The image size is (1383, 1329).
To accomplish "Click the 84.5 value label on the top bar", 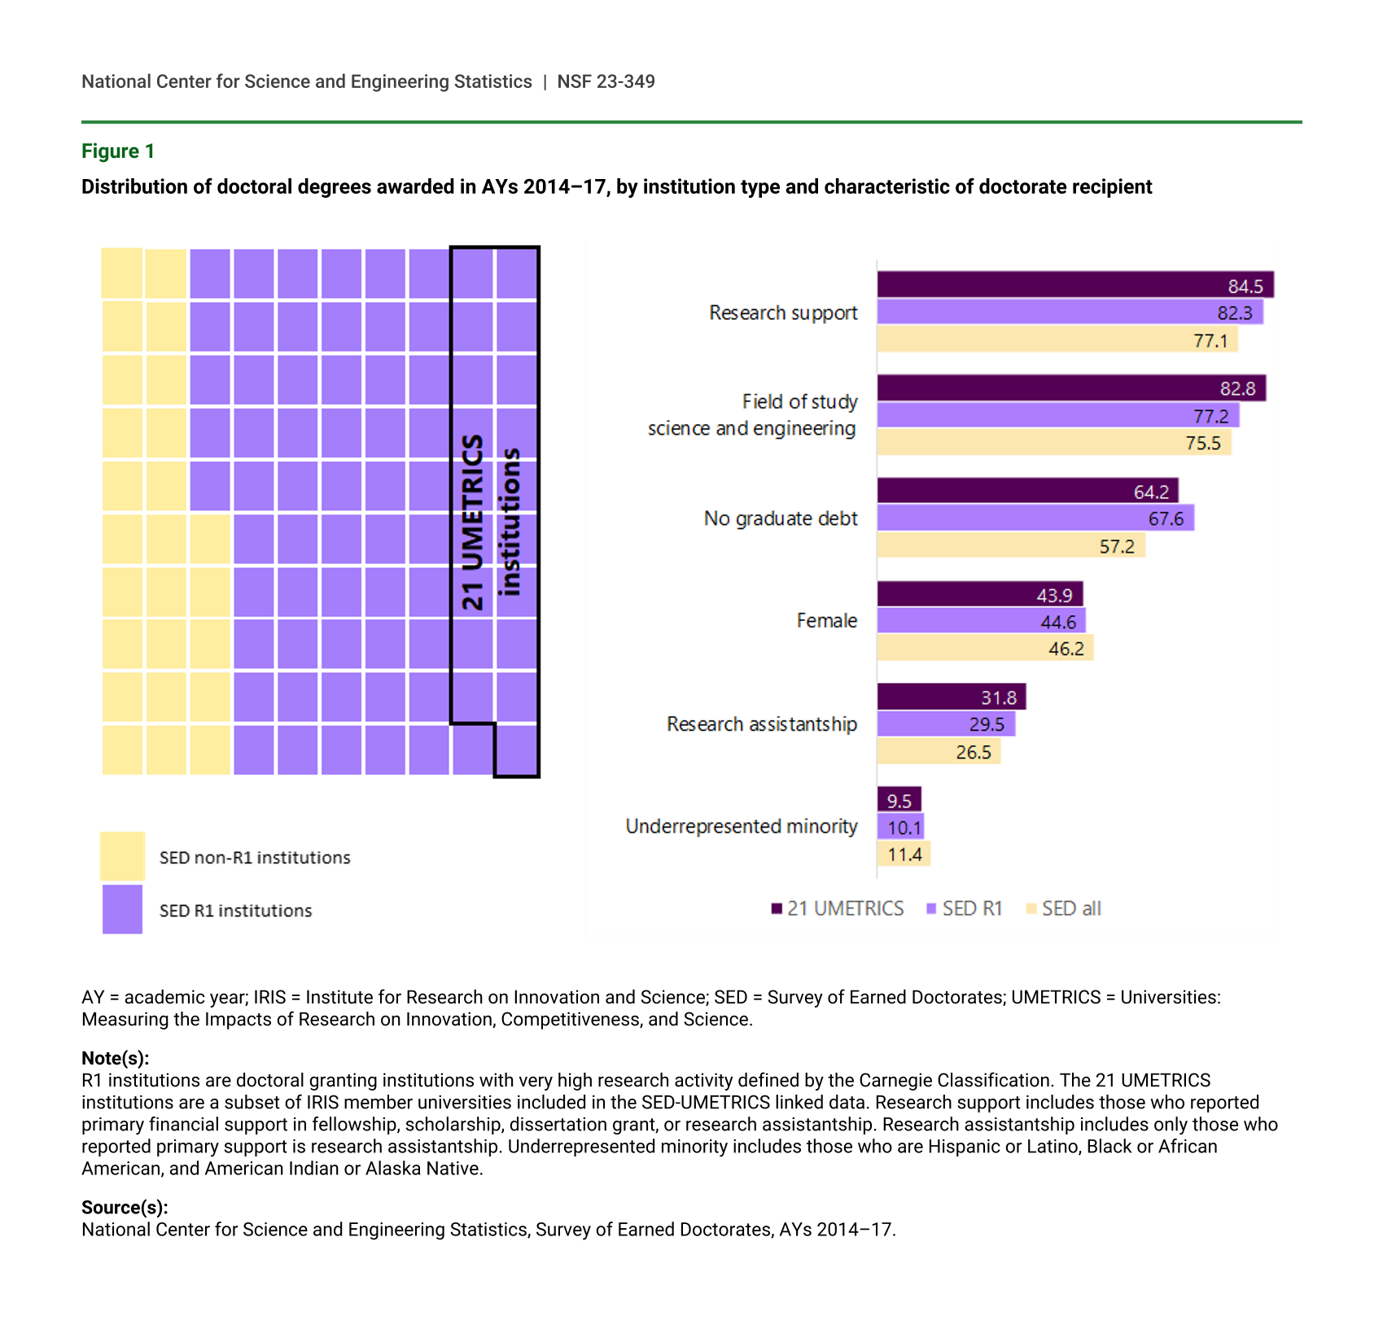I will [x=1245, y=286].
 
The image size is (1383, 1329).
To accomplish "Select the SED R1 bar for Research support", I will [x=1070, y=313].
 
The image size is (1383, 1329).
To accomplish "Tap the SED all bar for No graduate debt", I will [x=1011, y=545].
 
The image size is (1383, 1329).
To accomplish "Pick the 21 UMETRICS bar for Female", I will [x=979, y=595].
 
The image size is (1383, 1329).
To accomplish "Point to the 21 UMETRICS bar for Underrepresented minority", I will [x=899, y=800].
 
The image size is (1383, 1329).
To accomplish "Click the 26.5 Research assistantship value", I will [x=973, y=752].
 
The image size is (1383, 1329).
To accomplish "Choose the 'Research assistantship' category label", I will [x=761, y=724].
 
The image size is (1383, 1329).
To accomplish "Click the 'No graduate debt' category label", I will [x=780, y=518].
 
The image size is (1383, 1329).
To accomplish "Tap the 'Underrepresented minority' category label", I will [x=741, y=827].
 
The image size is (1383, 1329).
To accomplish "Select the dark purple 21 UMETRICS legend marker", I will [x=777, y=908].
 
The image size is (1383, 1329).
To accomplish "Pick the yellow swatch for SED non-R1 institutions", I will [x=122, y=856].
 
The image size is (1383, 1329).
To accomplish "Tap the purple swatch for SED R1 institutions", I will [x=122, y=909].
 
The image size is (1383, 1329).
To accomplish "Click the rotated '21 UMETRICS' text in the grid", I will [x=473, y=522].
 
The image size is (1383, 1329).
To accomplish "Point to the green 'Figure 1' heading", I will [x=118, y=151].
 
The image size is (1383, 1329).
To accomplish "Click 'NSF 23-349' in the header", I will [x=606, y=81].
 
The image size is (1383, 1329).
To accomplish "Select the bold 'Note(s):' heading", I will [x=115, y=1058].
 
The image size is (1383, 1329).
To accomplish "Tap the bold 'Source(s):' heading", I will [x=125, y=1207].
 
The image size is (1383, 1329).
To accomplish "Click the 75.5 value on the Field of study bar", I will [x=1202, y=444].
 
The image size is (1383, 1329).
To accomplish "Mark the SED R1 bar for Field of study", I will [x=1058, y=416].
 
